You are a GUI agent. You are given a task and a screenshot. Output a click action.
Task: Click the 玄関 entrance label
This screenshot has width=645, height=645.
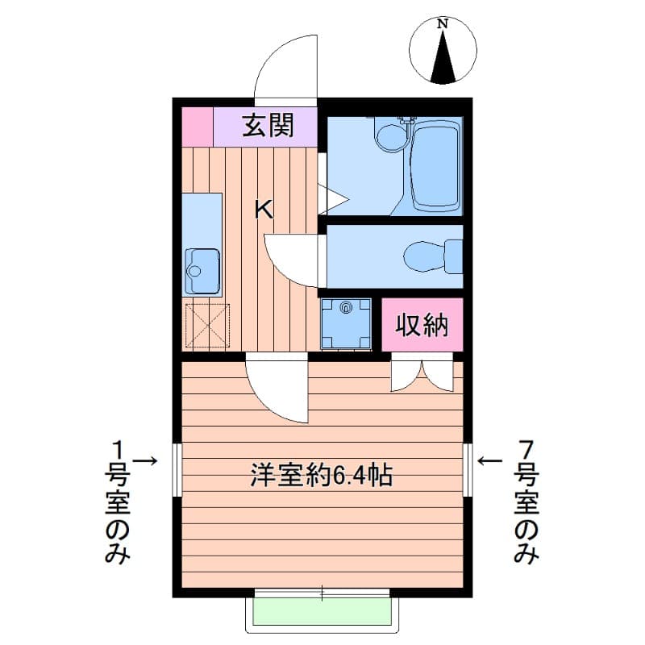pos(268,126)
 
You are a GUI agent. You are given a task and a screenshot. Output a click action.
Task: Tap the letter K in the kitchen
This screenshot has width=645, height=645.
pos(264,210)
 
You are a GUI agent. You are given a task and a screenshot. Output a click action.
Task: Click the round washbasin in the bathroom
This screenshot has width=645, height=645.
pos(393,136)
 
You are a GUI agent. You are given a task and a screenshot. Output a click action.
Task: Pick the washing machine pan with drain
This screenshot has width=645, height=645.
pos(346,323)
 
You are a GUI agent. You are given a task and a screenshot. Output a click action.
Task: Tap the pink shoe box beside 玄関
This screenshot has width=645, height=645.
pos(197,127)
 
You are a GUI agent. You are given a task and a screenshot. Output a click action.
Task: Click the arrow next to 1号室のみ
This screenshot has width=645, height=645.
pos(144,460)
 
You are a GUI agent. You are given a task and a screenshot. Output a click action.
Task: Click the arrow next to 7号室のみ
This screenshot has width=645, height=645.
pos(490,460)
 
